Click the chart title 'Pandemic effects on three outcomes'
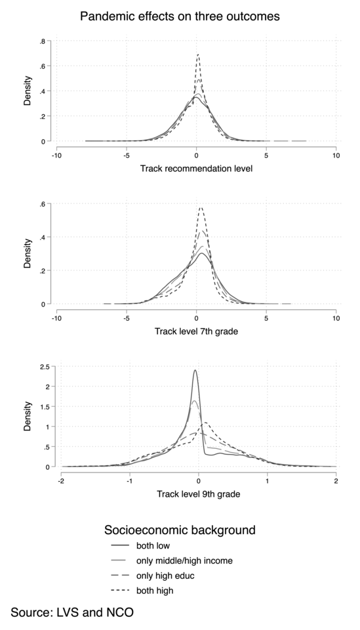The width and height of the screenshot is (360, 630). pyautogui.click(x=180, y=16)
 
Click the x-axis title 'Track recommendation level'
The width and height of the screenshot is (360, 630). pyautogui.click(x=196, y=169)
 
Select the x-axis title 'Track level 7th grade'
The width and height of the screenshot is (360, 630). pyautogui.click(x=196, y=331)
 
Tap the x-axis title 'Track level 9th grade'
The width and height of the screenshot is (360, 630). pyautogui.click(x=196, y=494)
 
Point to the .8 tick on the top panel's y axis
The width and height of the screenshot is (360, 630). pyautogui.click(x=42, y=41)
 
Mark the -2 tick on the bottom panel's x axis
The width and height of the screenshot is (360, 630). pyautogui.click(x=61, y=480)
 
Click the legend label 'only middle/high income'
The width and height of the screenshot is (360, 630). pyautogui.click(x=184, y=560)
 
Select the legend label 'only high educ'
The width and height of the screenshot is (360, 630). pyautogui.click(x=166, y=576)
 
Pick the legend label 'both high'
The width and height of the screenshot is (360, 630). pyautogui.click(x=155, y=591)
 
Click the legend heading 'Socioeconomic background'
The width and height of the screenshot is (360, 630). pyautogui.click(x=180, y=529)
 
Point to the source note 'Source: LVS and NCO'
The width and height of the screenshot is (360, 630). pyautogui.click(x=72, y=612)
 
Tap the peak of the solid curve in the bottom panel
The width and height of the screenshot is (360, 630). pyautogui.click(x=195, y=370)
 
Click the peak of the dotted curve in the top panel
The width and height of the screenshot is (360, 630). pyautogui.click(x=197, y=54)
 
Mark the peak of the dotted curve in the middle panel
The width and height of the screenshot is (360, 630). pyautogui.click(x=201, y=208)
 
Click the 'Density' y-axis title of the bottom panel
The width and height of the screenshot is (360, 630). pyautogui.click(x=28, y=417)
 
